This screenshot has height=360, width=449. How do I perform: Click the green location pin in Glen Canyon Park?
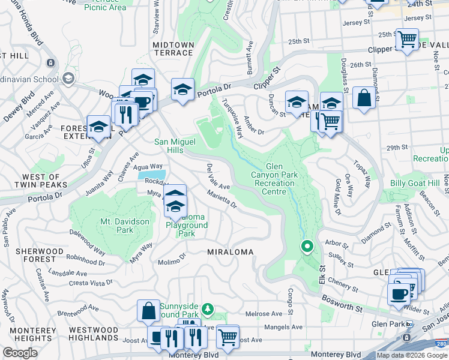tap(307, 247)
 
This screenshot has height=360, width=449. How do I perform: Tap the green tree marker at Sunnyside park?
tap(208, 308)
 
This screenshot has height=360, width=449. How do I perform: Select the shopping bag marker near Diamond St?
tap(364, 98)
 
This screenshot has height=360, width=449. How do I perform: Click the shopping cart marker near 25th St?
tap(408, 40)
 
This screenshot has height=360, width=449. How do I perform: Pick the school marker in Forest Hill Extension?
tap(98, 127)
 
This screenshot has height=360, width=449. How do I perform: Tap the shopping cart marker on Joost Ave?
tap(228, 337)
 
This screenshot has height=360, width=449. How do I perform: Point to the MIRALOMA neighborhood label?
tap(231, 251)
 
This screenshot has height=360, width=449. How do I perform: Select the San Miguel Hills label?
tap(176, 146)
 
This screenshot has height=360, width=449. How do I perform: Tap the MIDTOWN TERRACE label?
tap(173, 49)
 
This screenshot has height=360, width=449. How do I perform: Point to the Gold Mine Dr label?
tap(337, 197)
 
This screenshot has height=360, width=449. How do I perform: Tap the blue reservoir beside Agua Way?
tap(151, 175)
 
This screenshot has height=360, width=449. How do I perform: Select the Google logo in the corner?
tap(20, 353)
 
